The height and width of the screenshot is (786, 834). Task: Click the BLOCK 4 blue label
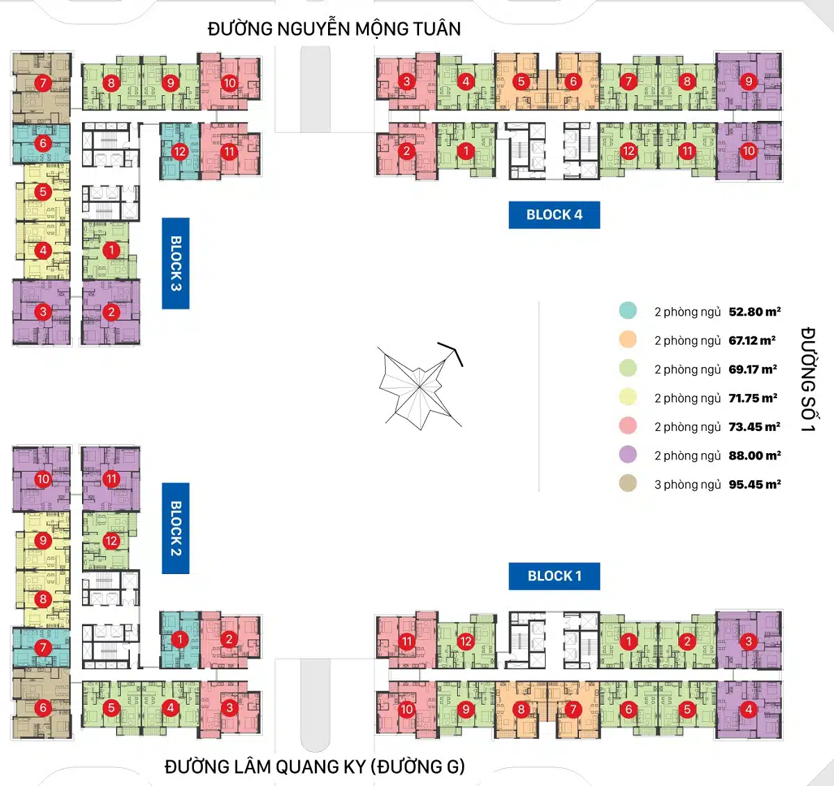554,215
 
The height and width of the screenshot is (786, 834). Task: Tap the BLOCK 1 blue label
554,576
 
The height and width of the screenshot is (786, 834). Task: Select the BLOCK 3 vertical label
176,263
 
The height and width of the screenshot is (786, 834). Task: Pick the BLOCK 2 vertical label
176,528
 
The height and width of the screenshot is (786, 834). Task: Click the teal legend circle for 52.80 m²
628,311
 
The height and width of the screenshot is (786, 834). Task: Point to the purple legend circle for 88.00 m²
628,455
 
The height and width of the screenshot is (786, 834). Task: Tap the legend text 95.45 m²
754,484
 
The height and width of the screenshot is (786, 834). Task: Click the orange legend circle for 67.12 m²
628,339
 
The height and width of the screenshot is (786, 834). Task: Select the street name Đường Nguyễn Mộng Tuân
334,29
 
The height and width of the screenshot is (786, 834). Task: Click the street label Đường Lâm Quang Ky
314,767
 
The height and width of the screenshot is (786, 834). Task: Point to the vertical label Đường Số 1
807,379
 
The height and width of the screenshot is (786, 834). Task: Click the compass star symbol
419,386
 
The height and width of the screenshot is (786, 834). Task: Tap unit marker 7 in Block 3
43,83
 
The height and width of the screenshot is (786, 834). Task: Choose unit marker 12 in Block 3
180,152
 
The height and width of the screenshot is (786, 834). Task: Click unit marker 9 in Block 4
749,81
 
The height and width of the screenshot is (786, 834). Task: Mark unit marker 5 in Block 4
521,81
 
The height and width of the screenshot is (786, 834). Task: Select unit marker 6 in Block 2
43,708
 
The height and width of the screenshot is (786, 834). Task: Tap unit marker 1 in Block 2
180,639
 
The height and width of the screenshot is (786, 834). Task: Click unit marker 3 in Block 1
749,641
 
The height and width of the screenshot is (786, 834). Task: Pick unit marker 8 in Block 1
521,710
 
